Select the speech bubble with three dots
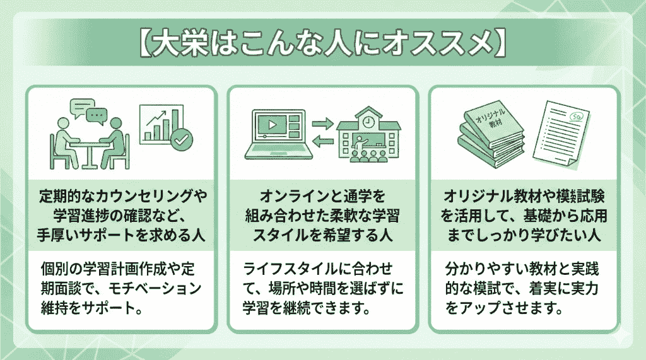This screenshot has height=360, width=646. coord(96,116)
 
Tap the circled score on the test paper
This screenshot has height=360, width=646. coord(575,118)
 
